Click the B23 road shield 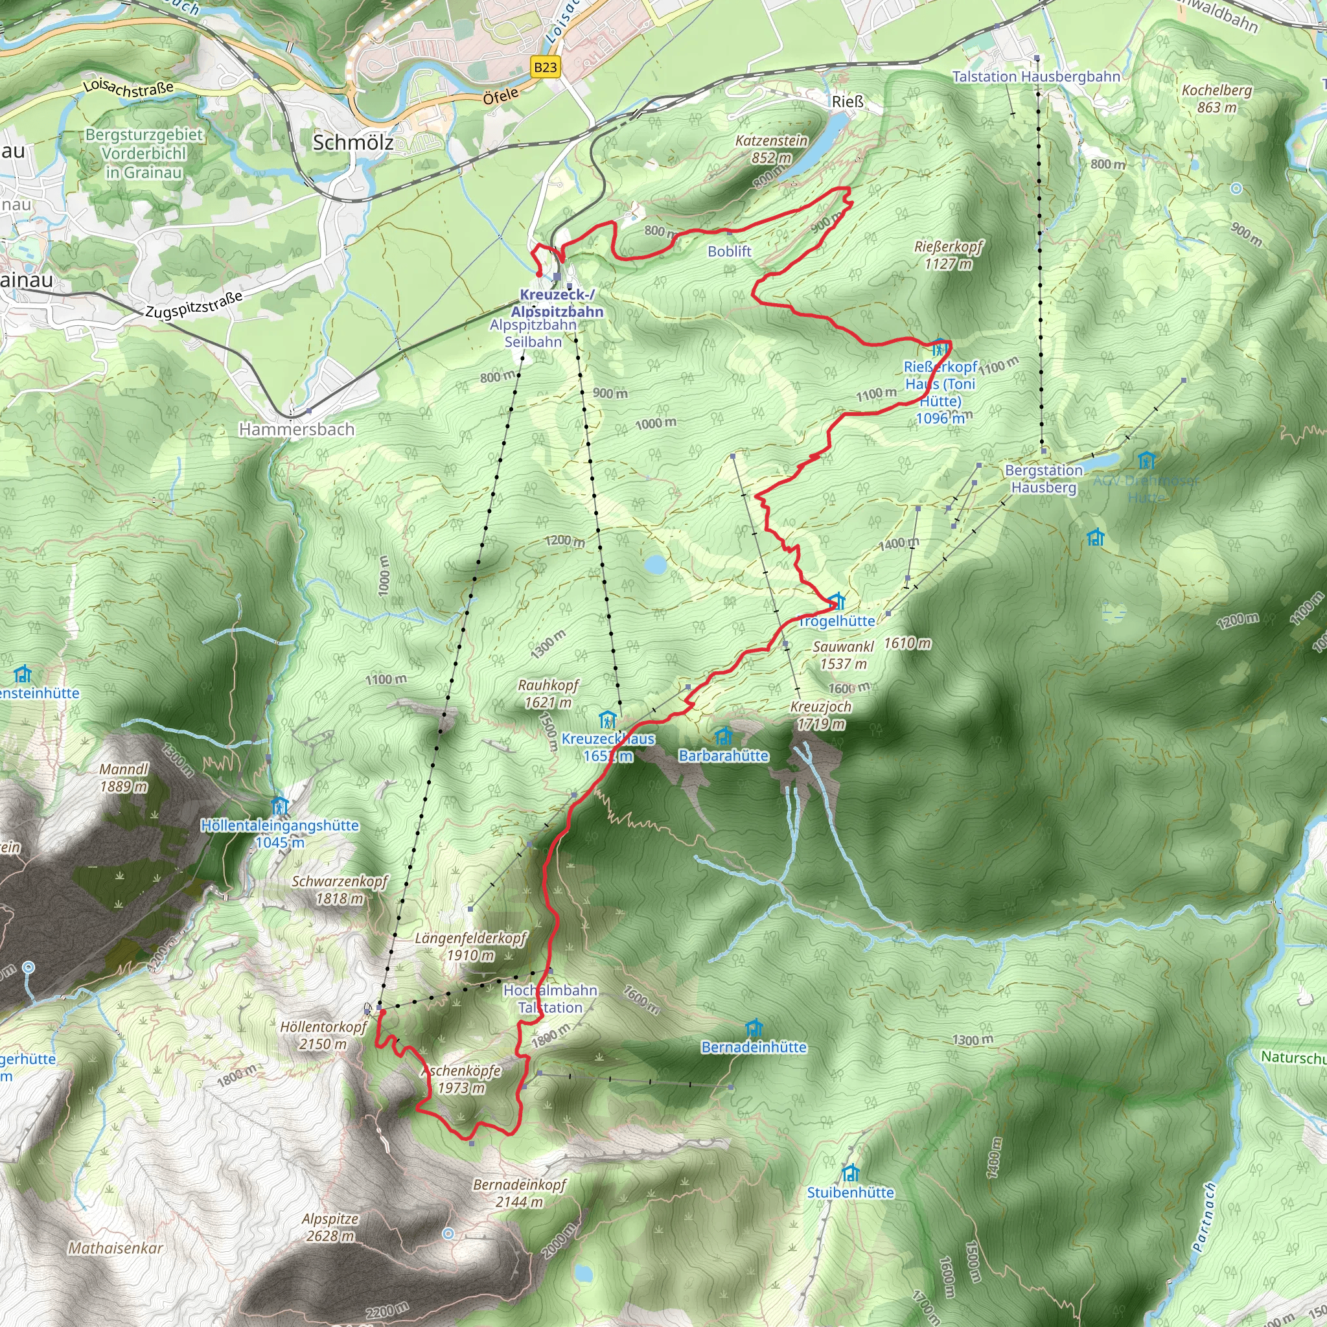click(x=546, y=67)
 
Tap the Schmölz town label click(x=353, y=142)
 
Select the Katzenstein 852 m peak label click(x=771, y=149)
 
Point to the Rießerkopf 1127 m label click(x=949, y=255)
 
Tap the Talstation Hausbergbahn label click(x=1036, y=76)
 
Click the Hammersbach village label click(x=297, y=430)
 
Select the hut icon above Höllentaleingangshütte click(x=279, y=804)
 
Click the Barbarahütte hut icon click(x=723, y=736)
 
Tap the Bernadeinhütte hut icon click(x=754, y=1028)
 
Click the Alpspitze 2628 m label click(x=330, y=1227)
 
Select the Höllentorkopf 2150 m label click(x=323, y=1035)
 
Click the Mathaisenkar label click(x=115, y=1248)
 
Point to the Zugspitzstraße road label click(x=194, y=305)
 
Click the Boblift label click(x=730, y=251)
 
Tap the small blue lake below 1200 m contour click(x=655, y=564)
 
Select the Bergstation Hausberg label click(x=1043, y=479)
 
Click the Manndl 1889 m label click(x=124, y=778)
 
